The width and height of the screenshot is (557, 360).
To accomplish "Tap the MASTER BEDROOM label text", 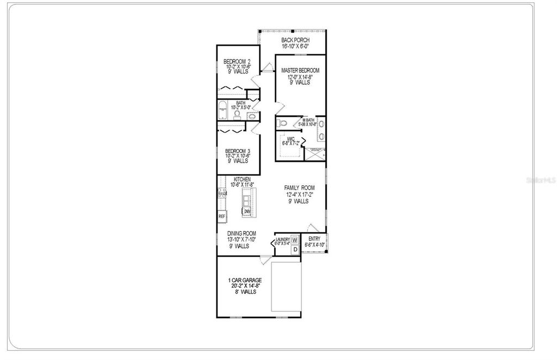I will (300, 71).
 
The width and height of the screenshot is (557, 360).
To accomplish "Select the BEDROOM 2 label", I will (237, 61).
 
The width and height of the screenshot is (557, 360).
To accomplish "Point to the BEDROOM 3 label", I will (237, 151).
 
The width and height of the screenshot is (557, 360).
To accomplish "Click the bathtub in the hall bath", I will (222, 110).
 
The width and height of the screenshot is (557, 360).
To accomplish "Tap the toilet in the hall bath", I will (238, 114).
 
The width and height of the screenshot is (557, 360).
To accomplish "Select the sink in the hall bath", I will (251, 116).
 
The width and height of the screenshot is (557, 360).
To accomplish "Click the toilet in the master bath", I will (281, 123).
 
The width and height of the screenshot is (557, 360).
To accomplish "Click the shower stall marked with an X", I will (315, 154).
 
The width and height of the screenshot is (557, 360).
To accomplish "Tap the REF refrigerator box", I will (222, 216).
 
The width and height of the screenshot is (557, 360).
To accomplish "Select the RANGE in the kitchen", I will (222, 193).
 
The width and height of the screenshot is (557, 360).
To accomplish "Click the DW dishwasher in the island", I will (246, 212).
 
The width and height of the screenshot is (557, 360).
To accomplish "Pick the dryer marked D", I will (294, 250).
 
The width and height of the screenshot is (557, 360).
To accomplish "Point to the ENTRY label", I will (314, 239).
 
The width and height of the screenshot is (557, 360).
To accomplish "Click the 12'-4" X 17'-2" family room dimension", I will (299, 194).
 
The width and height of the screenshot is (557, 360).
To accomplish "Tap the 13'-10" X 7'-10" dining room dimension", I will (242, 240).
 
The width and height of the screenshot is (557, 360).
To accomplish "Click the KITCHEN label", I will (242, 179).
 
